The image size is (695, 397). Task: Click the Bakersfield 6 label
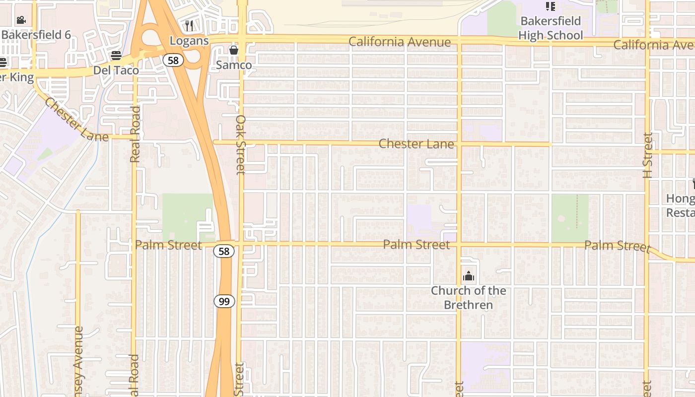click(36, 35)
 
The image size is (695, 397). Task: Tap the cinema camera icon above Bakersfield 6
click(21, 20)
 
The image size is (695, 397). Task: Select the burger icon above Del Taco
click(116, 55)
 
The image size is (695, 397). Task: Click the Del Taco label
click(116, 70)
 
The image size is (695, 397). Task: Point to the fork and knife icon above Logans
click(189, 25)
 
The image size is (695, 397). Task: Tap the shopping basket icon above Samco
click(234, 50)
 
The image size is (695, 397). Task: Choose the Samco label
click(234, 65)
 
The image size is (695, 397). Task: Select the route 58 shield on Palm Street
click(224, 251)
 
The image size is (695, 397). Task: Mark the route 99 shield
click(224, 301)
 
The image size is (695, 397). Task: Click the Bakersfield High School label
click(550, 28)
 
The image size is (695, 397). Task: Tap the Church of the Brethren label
click(468, 298)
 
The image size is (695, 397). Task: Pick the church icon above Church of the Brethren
click(468, 276)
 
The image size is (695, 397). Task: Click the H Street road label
click(647, 155)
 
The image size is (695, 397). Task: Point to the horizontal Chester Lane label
click(416, 144)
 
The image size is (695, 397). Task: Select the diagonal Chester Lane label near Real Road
click(76, 120)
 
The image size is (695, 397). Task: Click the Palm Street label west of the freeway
click(168, 245)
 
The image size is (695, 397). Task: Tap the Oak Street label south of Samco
click(241, 144)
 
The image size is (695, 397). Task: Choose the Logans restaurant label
click(189, 40)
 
